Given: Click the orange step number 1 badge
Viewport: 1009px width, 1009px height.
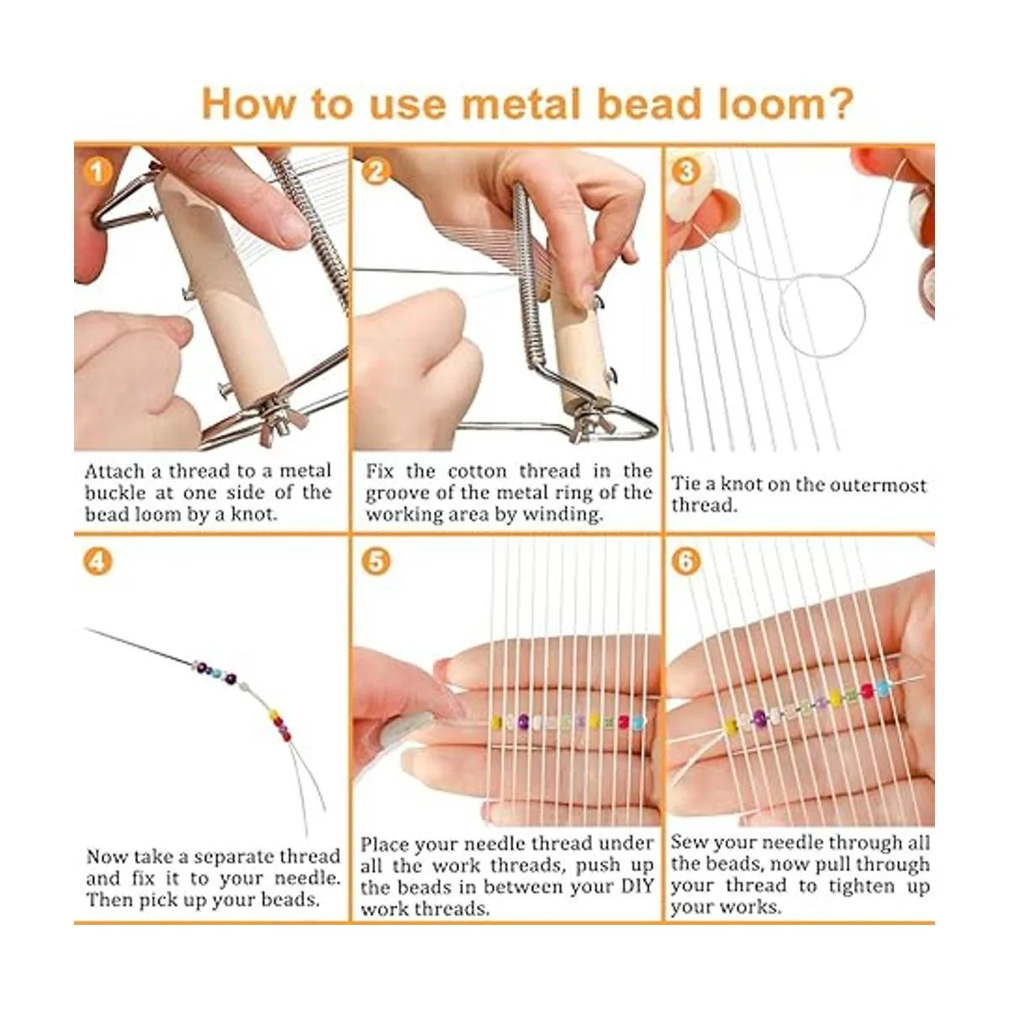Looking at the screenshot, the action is click(x=98, y=172).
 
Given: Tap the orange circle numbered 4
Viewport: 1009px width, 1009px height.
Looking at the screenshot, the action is click(x=98, y=562).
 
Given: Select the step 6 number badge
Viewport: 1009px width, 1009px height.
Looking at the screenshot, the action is click(x=686, y=562).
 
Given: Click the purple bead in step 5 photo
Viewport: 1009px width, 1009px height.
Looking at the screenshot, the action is click(x=523, y=722).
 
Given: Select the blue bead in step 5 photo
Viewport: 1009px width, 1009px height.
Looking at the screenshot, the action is click(x=637, y=722).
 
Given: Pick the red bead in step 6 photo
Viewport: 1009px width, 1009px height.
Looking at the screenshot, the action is click(x=868, y=691).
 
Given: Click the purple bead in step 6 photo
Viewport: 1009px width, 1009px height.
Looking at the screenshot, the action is click(x=760, y=717).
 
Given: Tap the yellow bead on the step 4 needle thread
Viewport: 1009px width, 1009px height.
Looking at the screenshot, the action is click(x=272, y=716).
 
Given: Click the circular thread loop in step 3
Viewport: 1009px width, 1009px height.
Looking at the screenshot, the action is click(x=821, y=316).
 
